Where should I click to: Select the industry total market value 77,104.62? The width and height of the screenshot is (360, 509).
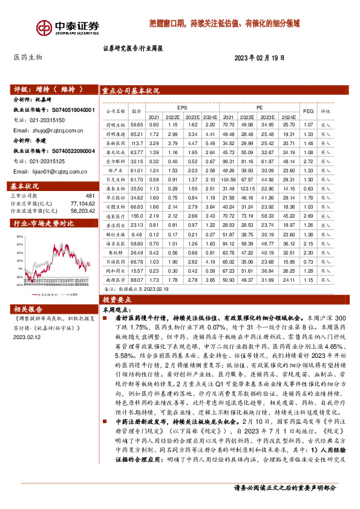point(83,204)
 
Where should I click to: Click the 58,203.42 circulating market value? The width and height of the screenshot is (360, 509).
point(83,212)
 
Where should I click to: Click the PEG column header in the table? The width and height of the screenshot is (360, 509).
point(308,111)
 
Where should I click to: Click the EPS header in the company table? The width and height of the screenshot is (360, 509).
point(182,107)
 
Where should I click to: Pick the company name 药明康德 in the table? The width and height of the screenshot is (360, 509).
point(115,125)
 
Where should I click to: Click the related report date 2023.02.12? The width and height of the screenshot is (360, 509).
point(25,339)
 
